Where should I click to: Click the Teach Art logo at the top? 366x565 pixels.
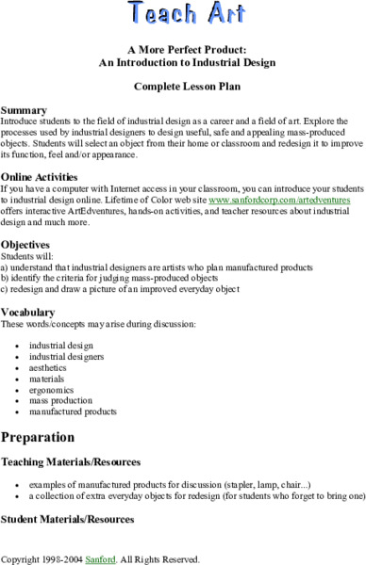tap(183, 13)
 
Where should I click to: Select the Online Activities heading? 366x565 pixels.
tap(42, 175)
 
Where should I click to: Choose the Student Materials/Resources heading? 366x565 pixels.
tap(68, 519)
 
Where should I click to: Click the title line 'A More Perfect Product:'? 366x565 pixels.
tap(183, 48)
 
